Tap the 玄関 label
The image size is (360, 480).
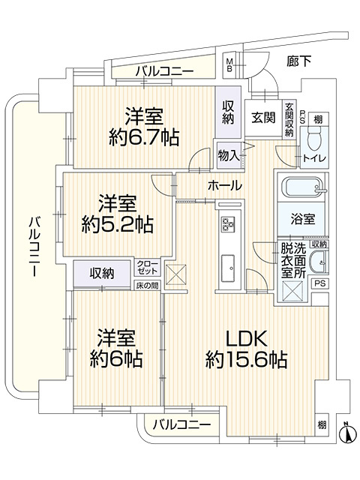click(x=262, y=118)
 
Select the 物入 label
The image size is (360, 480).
click(x=229, y=155)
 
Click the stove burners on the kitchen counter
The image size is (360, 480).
click(x=229, y=223)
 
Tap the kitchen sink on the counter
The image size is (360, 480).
click(x=229, y=263)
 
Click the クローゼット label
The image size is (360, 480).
click(x=147, y=268)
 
